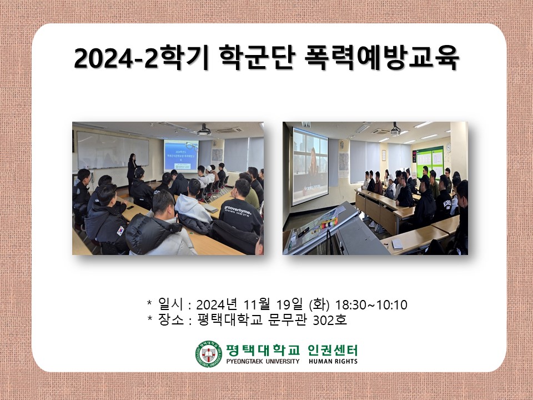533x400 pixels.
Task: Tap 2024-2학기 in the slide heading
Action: point(142,59)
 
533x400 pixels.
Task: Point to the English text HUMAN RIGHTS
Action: point(333,362)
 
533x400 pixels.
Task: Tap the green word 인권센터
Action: point(333,350)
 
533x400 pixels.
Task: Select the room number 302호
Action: point(330,321)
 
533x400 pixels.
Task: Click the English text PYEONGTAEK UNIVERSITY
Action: point(263,362)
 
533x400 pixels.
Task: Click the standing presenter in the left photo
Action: point(132,169)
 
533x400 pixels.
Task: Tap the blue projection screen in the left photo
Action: point(181,156)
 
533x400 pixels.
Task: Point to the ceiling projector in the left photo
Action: point(204,131)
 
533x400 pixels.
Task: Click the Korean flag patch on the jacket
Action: point(120,229)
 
